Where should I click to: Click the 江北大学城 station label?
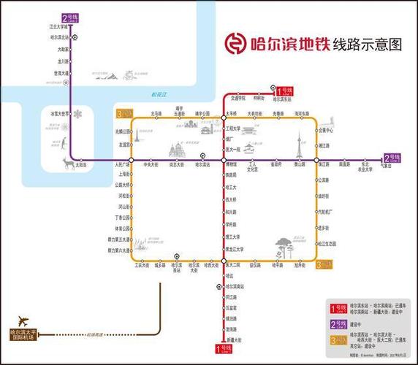(58, 26)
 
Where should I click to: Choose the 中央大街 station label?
(151, 165)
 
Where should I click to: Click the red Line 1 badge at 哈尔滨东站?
(284, 91)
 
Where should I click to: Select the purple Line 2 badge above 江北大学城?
(72, 18)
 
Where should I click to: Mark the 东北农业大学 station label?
(365, 167)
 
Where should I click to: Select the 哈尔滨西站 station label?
(176, 268)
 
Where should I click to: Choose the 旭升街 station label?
(299, 266)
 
